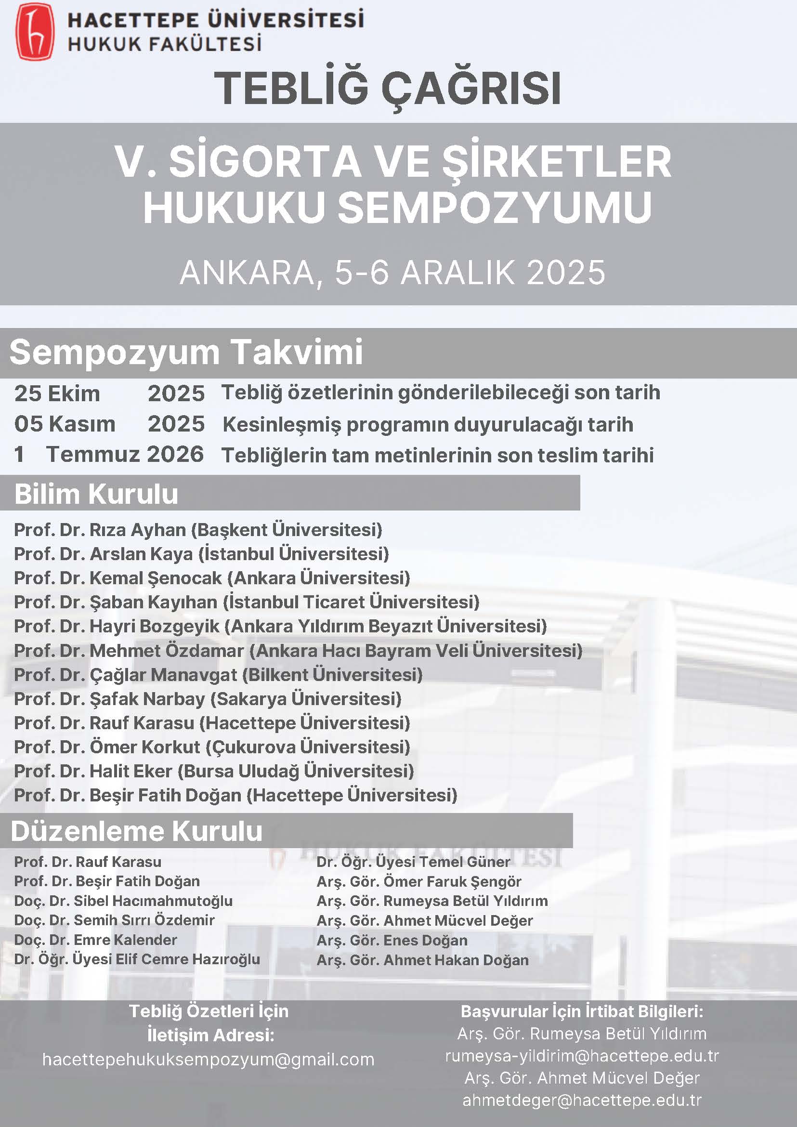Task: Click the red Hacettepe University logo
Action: click(x=34, y=31)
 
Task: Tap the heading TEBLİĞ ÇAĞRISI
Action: click(x=387, y=89)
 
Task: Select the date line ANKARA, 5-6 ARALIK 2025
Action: click(x=392, y=273)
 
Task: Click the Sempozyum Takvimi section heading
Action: click(x=186, y=353)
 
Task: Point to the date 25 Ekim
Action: click(x=57, y=393)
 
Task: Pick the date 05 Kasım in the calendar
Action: click(x=65, y=424)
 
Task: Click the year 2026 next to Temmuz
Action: click(x=175, y=455)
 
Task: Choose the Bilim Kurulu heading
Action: click(x=96, y=494)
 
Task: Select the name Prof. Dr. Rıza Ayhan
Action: click(x=100, y=530)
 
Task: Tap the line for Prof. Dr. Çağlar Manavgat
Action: click(x=218, y=675)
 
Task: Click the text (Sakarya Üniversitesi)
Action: click(x=306, y=699)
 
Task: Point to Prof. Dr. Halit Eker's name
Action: click(x=93, y=771)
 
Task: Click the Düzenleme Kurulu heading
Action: click(x=136, y=831)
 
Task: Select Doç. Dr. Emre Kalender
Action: click(x=95, y=940)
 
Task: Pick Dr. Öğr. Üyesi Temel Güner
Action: click(x=413, y=862)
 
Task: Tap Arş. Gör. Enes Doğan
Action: click(x=392, y=940)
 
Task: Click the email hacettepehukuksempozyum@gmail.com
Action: click(x=208, y=1059)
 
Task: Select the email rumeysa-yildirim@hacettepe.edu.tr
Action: click(x=582, y=1055)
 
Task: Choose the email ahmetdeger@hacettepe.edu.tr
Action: click(x=582, y=1100)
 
